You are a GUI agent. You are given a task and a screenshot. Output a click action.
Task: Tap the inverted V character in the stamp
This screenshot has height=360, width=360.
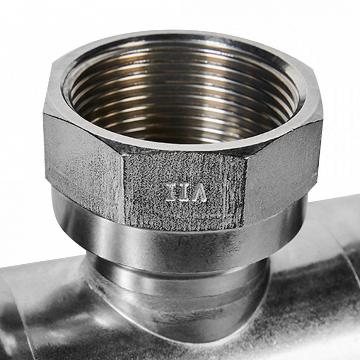(x=200, y=192)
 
